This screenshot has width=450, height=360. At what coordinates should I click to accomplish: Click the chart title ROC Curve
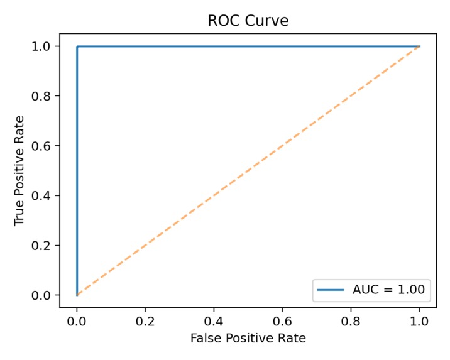click(248, 21)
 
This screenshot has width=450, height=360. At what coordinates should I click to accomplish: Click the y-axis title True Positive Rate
click(21, 170)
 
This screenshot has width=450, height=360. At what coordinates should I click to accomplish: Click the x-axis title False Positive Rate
click(248, 339)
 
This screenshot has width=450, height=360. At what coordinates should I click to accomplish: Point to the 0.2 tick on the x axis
click(145, 320)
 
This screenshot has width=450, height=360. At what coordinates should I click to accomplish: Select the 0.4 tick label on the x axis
click(214, 320)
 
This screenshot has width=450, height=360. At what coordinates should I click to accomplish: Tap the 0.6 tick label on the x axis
click(282, 320)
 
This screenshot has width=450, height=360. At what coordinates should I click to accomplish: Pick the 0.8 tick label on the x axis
click(351, 320)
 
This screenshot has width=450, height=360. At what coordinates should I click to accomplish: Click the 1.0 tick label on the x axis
click(419, 320)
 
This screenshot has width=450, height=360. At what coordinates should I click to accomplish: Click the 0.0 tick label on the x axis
click(77, 320)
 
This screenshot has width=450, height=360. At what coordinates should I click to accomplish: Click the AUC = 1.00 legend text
click(388, 290)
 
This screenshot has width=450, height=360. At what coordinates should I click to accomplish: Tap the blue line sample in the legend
click(331, 290)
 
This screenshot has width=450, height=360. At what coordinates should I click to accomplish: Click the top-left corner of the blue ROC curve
click(77, 46)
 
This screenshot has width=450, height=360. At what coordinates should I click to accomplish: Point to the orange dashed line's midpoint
click(248, 170)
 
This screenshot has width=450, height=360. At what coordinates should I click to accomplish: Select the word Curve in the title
click(268, 21)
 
